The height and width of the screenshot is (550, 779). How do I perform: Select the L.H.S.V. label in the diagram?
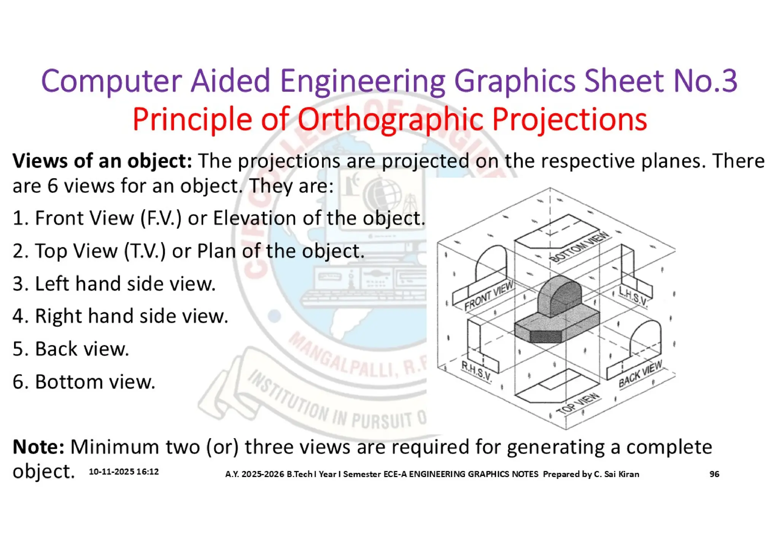click(x=633, y=297)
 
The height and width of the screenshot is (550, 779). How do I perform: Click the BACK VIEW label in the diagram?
click(x=641, y=374)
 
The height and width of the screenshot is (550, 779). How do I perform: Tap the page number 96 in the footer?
click(x=714, y=474)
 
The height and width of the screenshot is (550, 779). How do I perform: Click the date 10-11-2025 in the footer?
click(x=111, y=472)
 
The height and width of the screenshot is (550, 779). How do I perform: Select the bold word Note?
click(x=38, y=447)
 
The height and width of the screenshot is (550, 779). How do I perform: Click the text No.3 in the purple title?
click(x=705, y=81)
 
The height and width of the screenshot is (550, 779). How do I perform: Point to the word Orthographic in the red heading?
click(x=390, y=119)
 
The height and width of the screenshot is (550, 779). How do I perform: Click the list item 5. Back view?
click(x=71, y=349)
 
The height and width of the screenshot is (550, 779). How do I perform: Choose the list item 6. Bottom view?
click(x=84, y=382)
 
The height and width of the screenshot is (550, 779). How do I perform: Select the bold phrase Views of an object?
click(x=102, y=161)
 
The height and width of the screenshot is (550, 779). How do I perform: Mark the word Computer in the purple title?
click(x=111, y=81)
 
